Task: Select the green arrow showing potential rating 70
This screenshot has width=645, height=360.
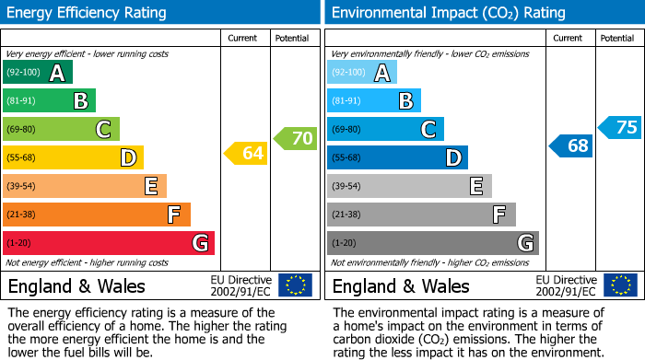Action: (296, 139)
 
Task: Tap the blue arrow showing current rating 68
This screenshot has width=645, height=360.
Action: (571, 145)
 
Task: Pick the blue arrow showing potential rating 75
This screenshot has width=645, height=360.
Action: (620, 127)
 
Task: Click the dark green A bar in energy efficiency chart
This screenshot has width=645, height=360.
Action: (37, 73)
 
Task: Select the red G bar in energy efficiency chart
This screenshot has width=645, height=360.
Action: (108, 243)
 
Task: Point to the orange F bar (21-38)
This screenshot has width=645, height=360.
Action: (96, 215)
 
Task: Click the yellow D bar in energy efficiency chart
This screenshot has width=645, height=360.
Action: (73, 157)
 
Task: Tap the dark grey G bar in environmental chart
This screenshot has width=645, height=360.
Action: (432, 243)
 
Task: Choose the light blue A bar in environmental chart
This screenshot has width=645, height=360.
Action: (361, 73)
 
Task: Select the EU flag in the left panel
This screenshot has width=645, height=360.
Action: (295, 285)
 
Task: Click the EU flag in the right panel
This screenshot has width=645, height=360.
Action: (619, 285)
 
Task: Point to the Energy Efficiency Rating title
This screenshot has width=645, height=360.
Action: (88, 13)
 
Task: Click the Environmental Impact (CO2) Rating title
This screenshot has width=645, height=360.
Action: (447, 13)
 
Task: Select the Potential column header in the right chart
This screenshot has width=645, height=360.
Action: (617, 38)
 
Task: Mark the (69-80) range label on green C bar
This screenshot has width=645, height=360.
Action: (21, 130)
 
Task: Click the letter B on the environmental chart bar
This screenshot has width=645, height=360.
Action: (405, 101)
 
